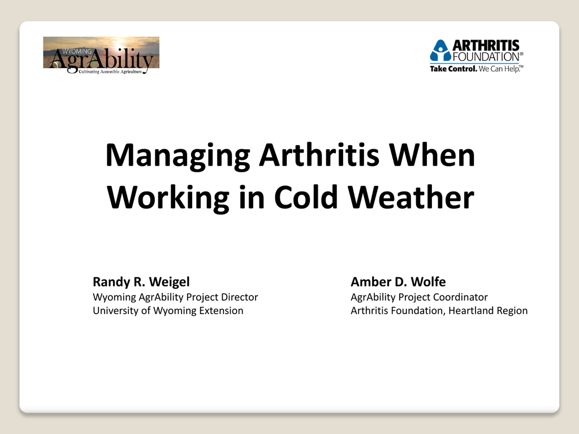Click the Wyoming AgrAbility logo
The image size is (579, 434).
101,55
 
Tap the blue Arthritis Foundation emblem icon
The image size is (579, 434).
440,50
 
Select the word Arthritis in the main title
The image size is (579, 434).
319,155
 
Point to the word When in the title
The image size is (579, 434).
432,155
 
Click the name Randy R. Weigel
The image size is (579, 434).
141,282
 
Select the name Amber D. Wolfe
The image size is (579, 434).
398,282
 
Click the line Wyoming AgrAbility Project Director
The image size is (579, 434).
175,297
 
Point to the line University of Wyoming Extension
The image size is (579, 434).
168,311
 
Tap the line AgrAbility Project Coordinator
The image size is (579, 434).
419,297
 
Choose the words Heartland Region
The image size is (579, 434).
488,311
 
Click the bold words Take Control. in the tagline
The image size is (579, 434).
453,69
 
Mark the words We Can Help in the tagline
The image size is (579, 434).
499,69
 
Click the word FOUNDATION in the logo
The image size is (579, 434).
486,57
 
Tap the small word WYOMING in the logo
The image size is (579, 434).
77,51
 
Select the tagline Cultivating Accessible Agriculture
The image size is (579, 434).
110,72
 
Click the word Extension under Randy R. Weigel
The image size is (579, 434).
221,311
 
